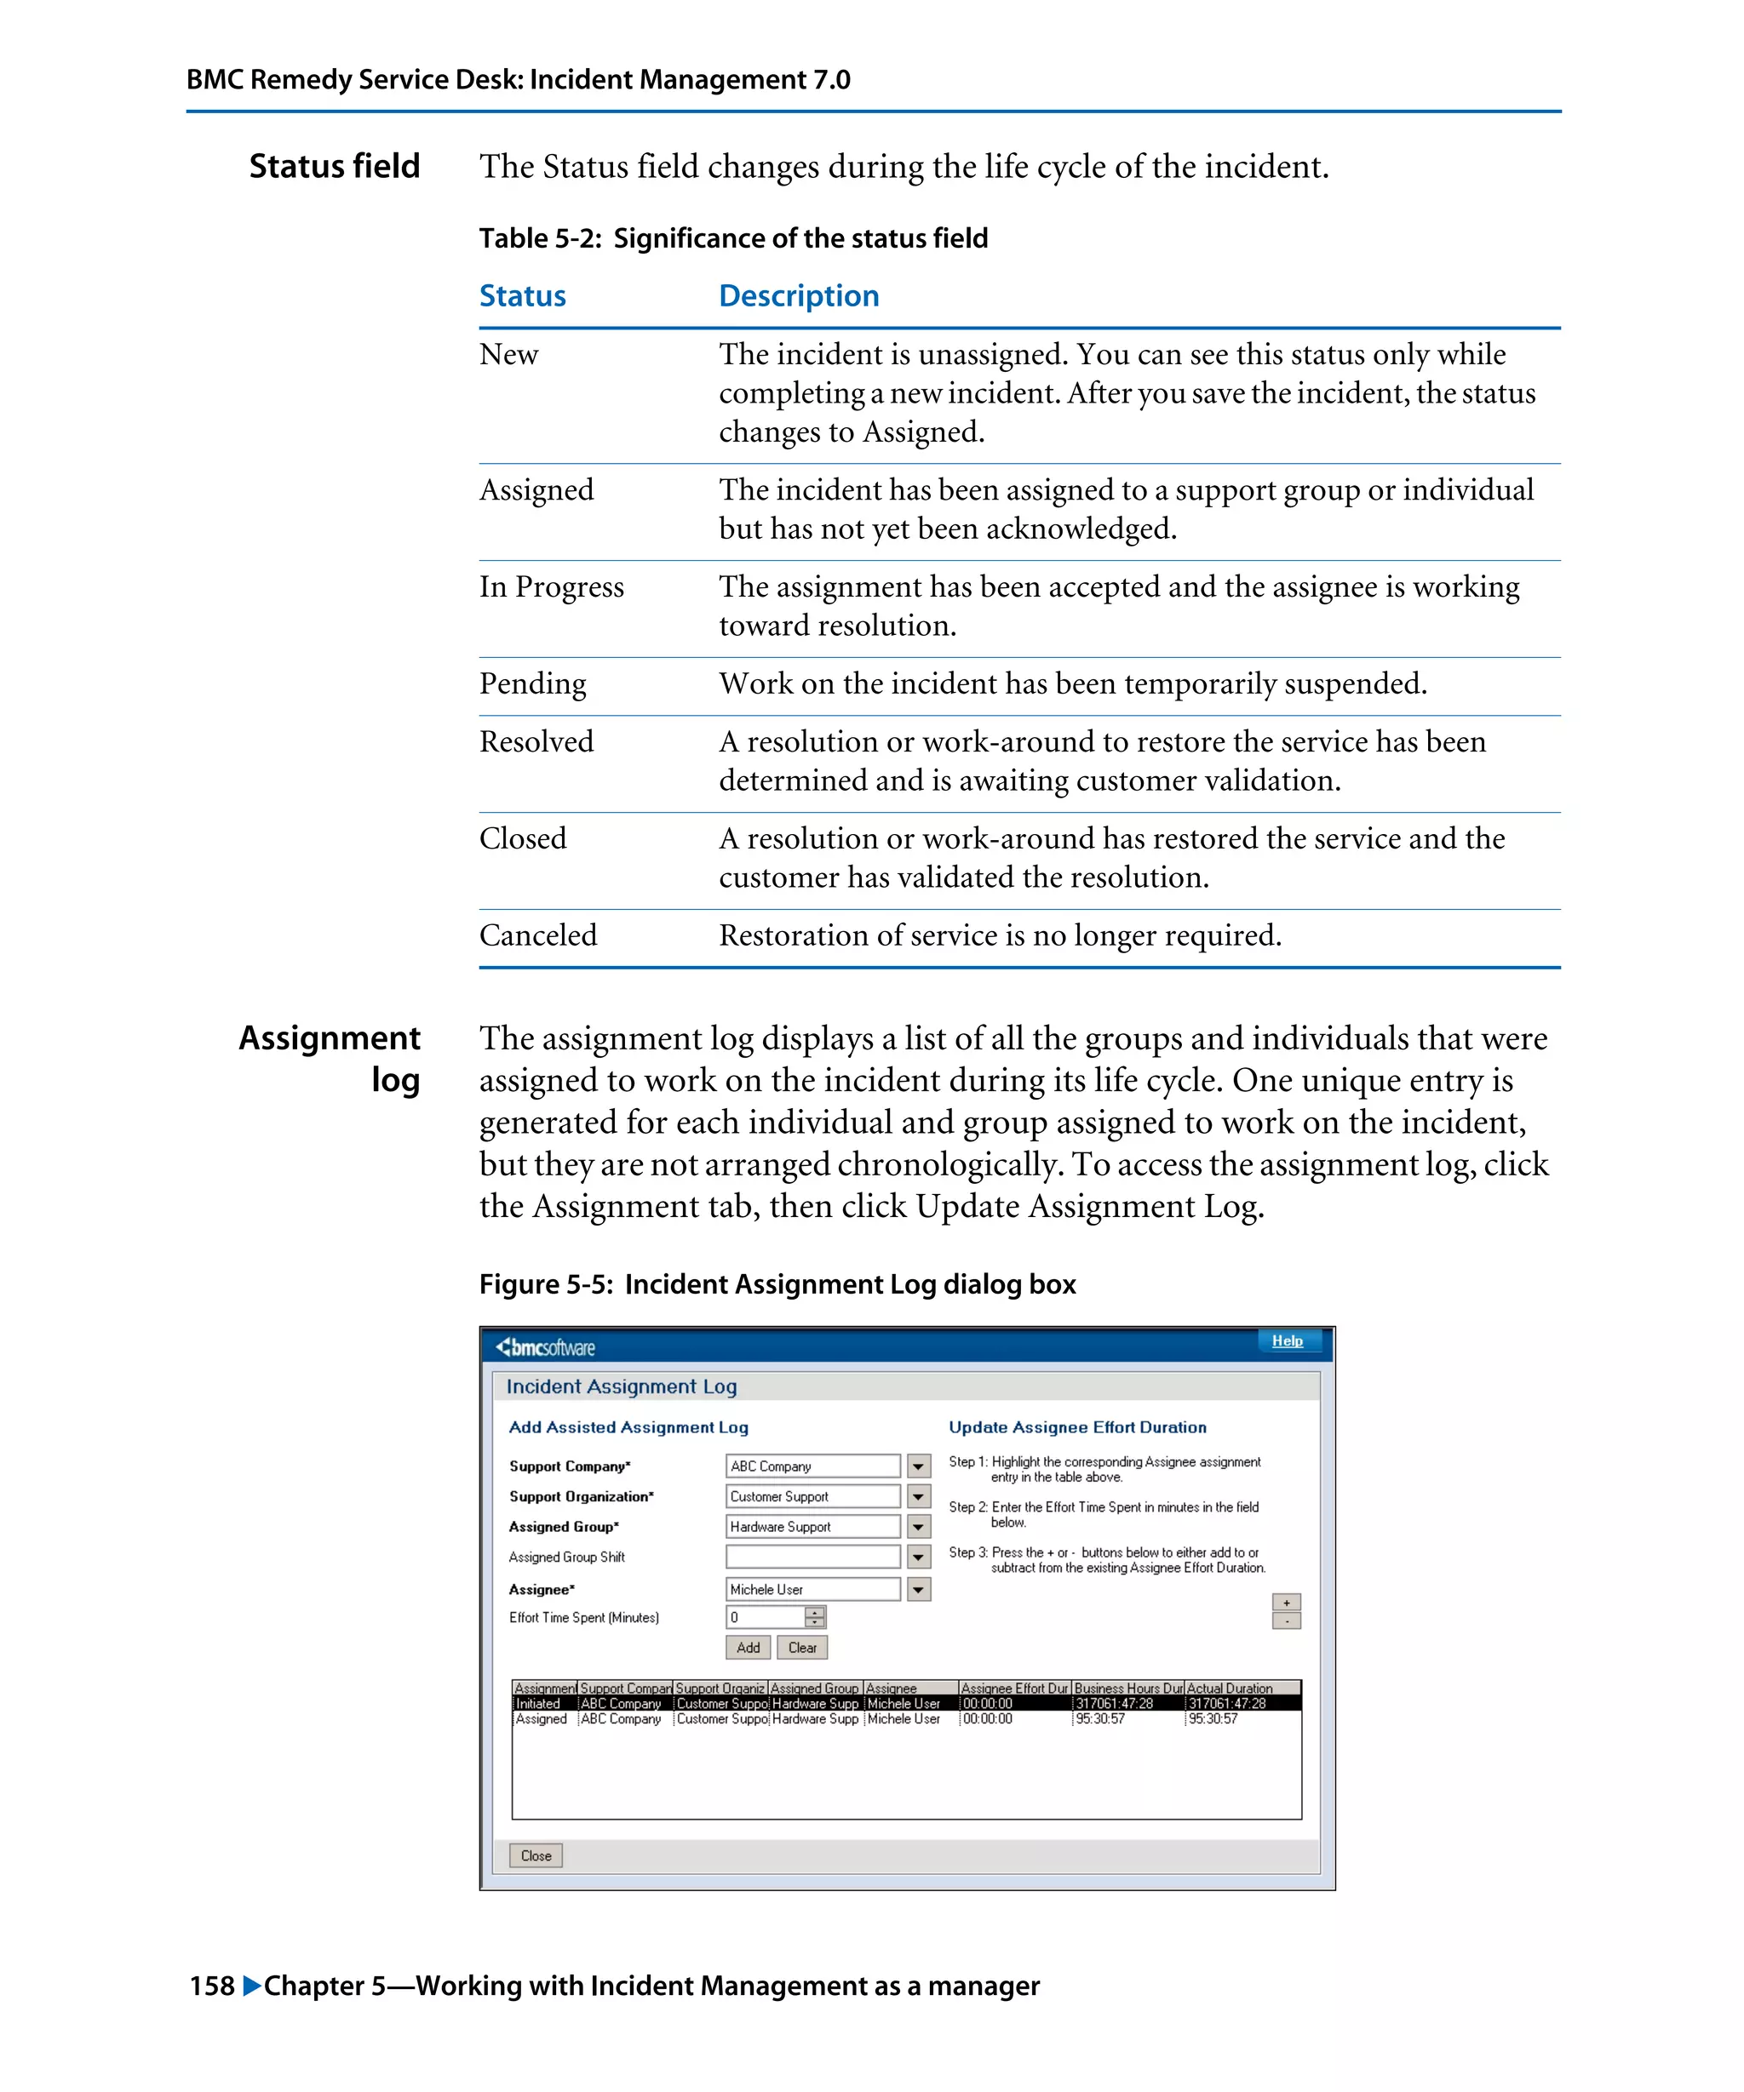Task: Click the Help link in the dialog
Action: pyautogui.click(x=1287, y=1340)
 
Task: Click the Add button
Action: pyautogui.click(x=748, y=1648)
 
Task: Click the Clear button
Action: pyautogui.click(x=802, y=1648)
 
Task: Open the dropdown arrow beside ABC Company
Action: pyautogui.click(x=919, y=1466)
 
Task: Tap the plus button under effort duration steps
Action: pyautogui.click(x=1287, y=1603)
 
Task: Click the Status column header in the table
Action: pyautogui.click(x=522, y=296)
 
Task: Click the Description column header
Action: pyautogui.click(x=798, y=296)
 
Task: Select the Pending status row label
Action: pyautogui.click(x=532, y=684)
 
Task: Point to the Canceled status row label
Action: pyautogui.click(x=538, y=935)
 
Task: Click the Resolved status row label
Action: pyautogui.click(x=536, y=742)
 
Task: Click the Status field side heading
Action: pyautogui.click(x=334, y=166)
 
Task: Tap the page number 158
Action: pyautogui.click(x=211, y=1986)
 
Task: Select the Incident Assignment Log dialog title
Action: pyautogui.click(x=621, y=1386)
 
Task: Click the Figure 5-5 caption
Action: pyautogui.click(x=777, y=1284)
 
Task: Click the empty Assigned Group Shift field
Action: pyautogui.click(x=812, y=1557)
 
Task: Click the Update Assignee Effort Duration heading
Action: pyautogui.click(x=1077, y=1427)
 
